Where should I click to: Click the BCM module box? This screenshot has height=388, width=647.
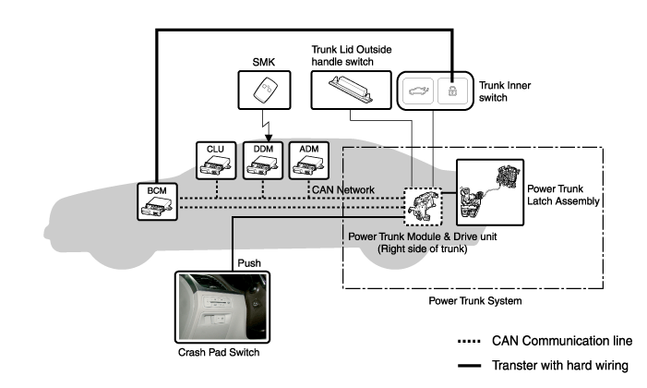point(154,203)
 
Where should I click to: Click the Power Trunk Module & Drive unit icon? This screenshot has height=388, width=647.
point(424,204)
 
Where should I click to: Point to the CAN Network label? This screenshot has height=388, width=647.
point(342,190)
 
